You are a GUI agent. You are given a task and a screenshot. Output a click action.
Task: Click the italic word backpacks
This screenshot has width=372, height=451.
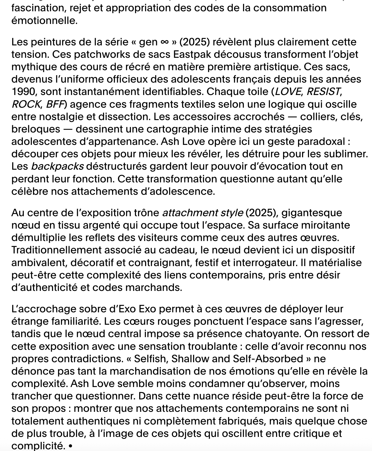coord(57,166)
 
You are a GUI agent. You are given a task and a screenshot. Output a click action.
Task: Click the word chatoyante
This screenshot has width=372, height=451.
coord(269,334)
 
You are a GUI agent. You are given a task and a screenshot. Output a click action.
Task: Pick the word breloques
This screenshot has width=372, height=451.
coord(36,129)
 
